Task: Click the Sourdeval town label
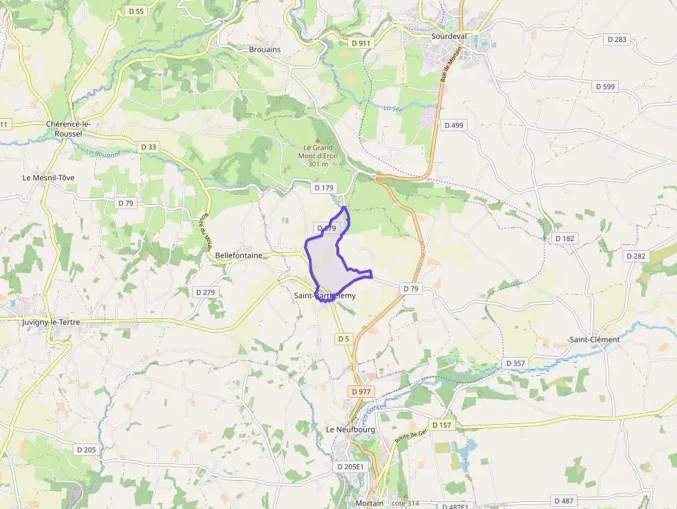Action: tap(450, 35)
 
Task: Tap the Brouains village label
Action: tap(265, 49)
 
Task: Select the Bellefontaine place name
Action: tap(239, 256)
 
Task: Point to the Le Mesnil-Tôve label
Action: tap(48, 177)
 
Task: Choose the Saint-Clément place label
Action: tap(594, 340)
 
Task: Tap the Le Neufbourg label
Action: tap(350, 430)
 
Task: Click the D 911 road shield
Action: tap(361, 43)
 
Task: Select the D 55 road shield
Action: tap(136, 11)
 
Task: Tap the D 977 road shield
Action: tap(361, 392)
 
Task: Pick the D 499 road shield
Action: tap(454, 125)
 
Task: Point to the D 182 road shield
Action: tap(564, 238)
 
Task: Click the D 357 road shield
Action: tap(515, 363)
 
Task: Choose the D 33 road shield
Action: tap(149, 147)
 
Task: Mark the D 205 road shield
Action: tap(86, 450)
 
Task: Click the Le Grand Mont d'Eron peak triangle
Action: tap(318, 140)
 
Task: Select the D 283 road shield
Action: tap(617, 39)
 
